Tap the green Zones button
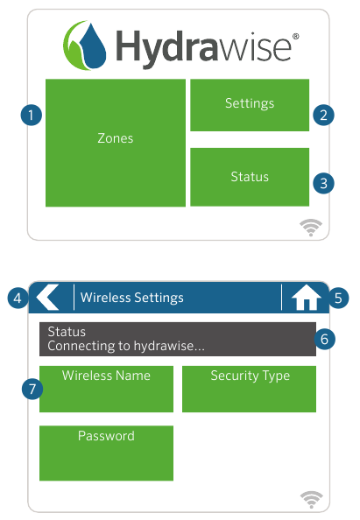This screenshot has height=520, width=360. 115,143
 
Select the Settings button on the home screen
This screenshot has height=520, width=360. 250,104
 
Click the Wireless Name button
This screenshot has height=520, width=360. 106,389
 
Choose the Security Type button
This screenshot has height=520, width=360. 249,389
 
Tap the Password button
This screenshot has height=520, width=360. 106,453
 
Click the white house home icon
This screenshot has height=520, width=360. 306,299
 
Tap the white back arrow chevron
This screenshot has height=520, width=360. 48,298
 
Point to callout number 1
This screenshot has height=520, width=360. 32,115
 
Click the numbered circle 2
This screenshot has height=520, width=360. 324,115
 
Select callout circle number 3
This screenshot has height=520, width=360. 324,183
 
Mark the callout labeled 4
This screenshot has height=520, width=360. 18,298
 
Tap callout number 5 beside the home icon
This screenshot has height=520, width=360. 339,298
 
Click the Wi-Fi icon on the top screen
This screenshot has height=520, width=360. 310,228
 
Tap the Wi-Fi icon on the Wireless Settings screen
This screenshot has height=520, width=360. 310,499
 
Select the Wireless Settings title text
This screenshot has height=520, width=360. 132,298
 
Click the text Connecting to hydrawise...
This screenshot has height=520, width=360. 126,346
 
